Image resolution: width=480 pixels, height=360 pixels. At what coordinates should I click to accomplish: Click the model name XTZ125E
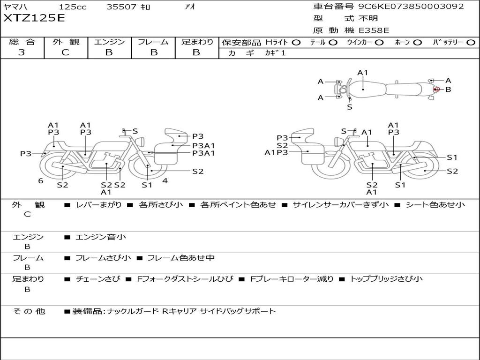tap(34, 18)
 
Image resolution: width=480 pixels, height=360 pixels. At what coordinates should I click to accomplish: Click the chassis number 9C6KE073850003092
tap(411, 6)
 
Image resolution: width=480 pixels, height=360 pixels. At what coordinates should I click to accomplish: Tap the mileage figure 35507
tap(121, 7)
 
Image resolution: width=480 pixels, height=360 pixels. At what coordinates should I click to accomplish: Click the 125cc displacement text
tap(73, 7)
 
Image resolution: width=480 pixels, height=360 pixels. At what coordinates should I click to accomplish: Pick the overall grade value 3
tap(22, 52)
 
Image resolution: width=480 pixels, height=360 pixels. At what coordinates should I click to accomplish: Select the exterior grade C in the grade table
tap(65, 52)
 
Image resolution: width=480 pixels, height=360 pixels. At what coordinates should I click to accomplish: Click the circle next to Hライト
tap(296, 43)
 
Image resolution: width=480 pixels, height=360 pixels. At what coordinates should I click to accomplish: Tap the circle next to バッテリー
tap(471, 43)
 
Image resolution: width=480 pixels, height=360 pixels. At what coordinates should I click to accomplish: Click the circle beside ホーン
tap(418, 43)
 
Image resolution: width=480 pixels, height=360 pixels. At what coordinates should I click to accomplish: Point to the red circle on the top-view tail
tap(436, 90)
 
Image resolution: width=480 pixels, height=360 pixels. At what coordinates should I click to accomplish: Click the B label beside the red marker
tap(448, 90)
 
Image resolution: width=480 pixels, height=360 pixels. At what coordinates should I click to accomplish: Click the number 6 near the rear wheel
tap(41, 181)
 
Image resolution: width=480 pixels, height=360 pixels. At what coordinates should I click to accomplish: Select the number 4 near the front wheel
tap(165, 180)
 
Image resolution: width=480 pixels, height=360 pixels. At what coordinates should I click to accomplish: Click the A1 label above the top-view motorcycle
tap(362, 73)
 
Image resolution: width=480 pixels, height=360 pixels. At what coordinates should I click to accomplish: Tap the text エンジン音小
tap(101, 237)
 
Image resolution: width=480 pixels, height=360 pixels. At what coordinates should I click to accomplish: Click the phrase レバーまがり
tap(98, 204)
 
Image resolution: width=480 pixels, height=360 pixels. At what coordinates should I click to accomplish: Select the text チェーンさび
tap(98, 279)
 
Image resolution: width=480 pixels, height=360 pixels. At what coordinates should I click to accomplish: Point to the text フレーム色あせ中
tap(181, 258)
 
